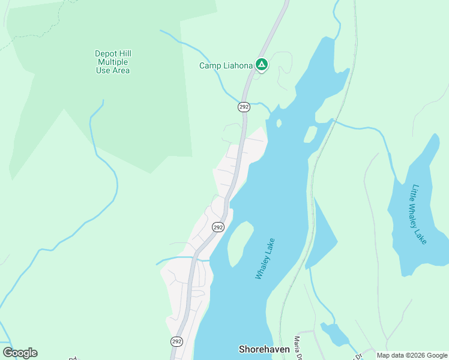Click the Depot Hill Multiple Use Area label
[113, 62]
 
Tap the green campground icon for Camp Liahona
[262, 64]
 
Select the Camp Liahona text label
[226, 65]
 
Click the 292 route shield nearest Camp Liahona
[243, 107]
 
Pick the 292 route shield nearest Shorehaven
[176, 341]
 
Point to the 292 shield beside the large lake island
[218, 227]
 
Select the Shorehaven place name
[264, 349]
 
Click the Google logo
[20, 353]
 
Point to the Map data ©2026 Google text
[411, 355]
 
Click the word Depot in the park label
[106, 53]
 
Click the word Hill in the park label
[125, 53]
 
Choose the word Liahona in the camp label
[237, 65]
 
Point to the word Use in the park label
[104, 70]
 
